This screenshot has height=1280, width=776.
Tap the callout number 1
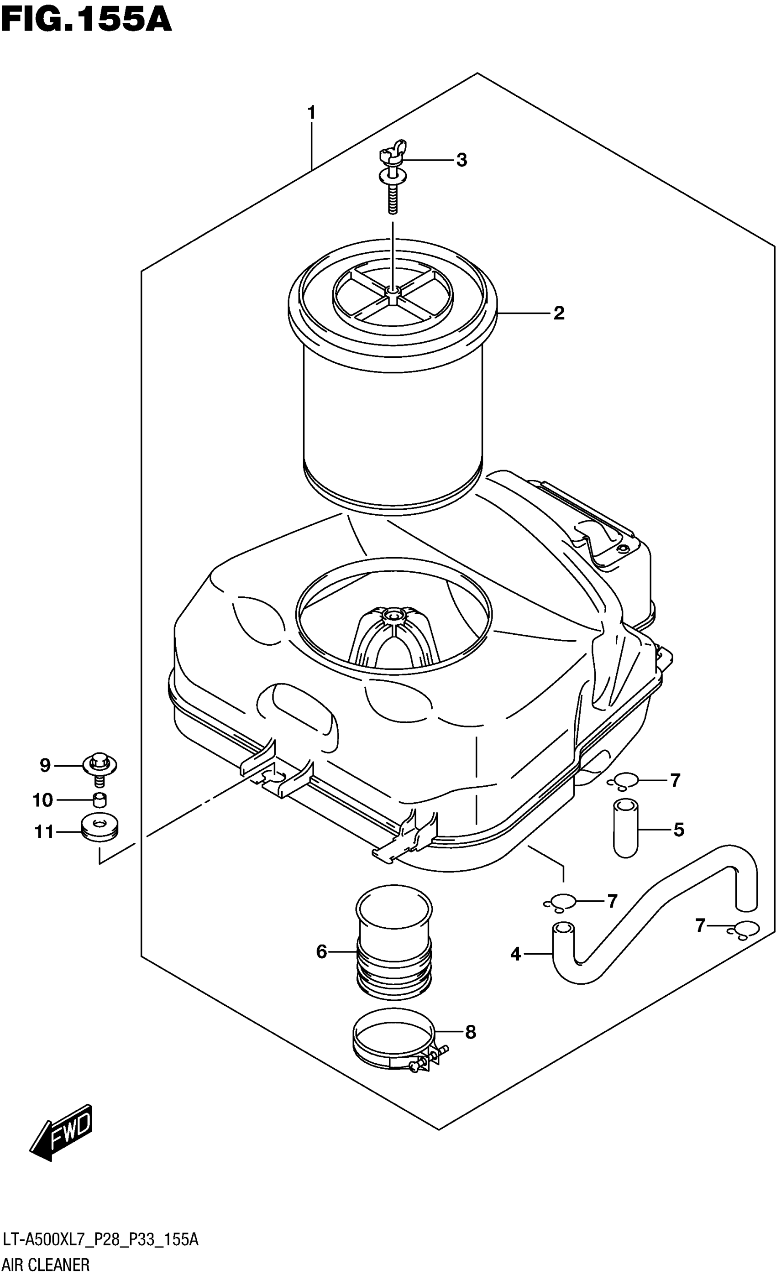(x=311, y=112)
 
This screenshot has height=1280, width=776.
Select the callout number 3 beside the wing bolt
(x=461, y=160)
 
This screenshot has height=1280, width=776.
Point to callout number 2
(x=558, y=313)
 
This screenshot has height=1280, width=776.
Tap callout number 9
(x=45, y=765)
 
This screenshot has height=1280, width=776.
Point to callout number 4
(x=515, y=954)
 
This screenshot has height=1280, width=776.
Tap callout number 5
(x=678, y=830)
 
